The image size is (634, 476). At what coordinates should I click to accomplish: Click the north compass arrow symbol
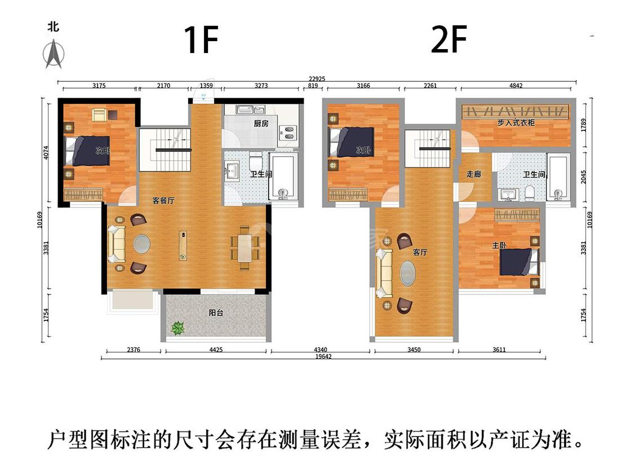pyautogui.click(x=54, y=54)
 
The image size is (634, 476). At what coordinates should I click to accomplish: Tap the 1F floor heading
pyautogui.click(x=201, y=39)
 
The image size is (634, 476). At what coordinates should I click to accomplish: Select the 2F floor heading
pyautogui.click(x=449, y=39)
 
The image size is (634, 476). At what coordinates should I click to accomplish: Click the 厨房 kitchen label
pyautogui.click(x=261, y=124)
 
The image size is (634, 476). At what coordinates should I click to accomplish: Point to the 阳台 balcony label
pyautogui.click(x=216, y=312)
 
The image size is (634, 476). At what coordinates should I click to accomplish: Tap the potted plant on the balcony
pyautogui.click(x=178, y=328)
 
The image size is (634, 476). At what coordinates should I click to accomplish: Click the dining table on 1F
pyautogui.click(x=245, y=248)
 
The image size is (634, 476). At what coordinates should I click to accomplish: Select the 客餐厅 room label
pyautogui.click(x=164, y=200)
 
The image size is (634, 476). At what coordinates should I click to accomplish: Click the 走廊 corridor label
pyautogui.click(x=474, y=174)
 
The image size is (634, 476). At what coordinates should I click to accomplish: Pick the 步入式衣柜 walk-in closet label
pyautogui.click(x=516, y=122)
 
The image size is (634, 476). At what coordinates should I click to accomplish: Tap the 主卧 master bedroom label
pyautogui.click(x=499, y=245)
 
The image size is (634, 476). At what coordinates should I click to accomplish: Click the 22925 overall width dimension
pyautogui.click(x=317, y=79)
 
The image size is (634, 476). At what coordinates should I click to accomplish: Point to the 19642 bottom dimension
pyautogui.click(x=323, y=356)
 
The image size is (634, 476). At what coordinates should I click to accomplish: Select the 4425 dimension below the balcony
pyautogui.click(x=216, y=350)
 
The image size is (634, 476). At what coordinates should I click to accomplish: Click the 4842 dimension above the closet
pyautogui.click(x=516, y=85)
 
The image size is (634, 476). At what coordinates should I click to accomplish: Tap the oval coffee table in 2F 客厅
pyautogui.click(x=408, y=273)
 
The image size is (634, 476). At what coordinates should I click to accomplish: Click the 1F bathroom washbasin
pyautogui.click(x=232, y=171)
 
